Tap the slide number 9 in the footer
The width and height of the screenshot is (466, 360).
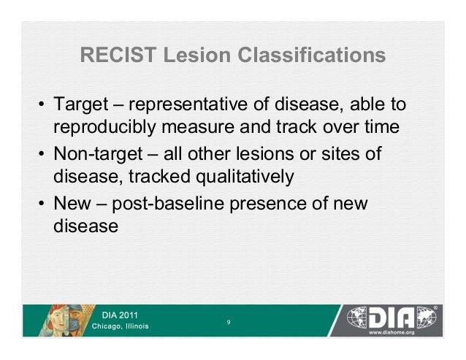[229, 321]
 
